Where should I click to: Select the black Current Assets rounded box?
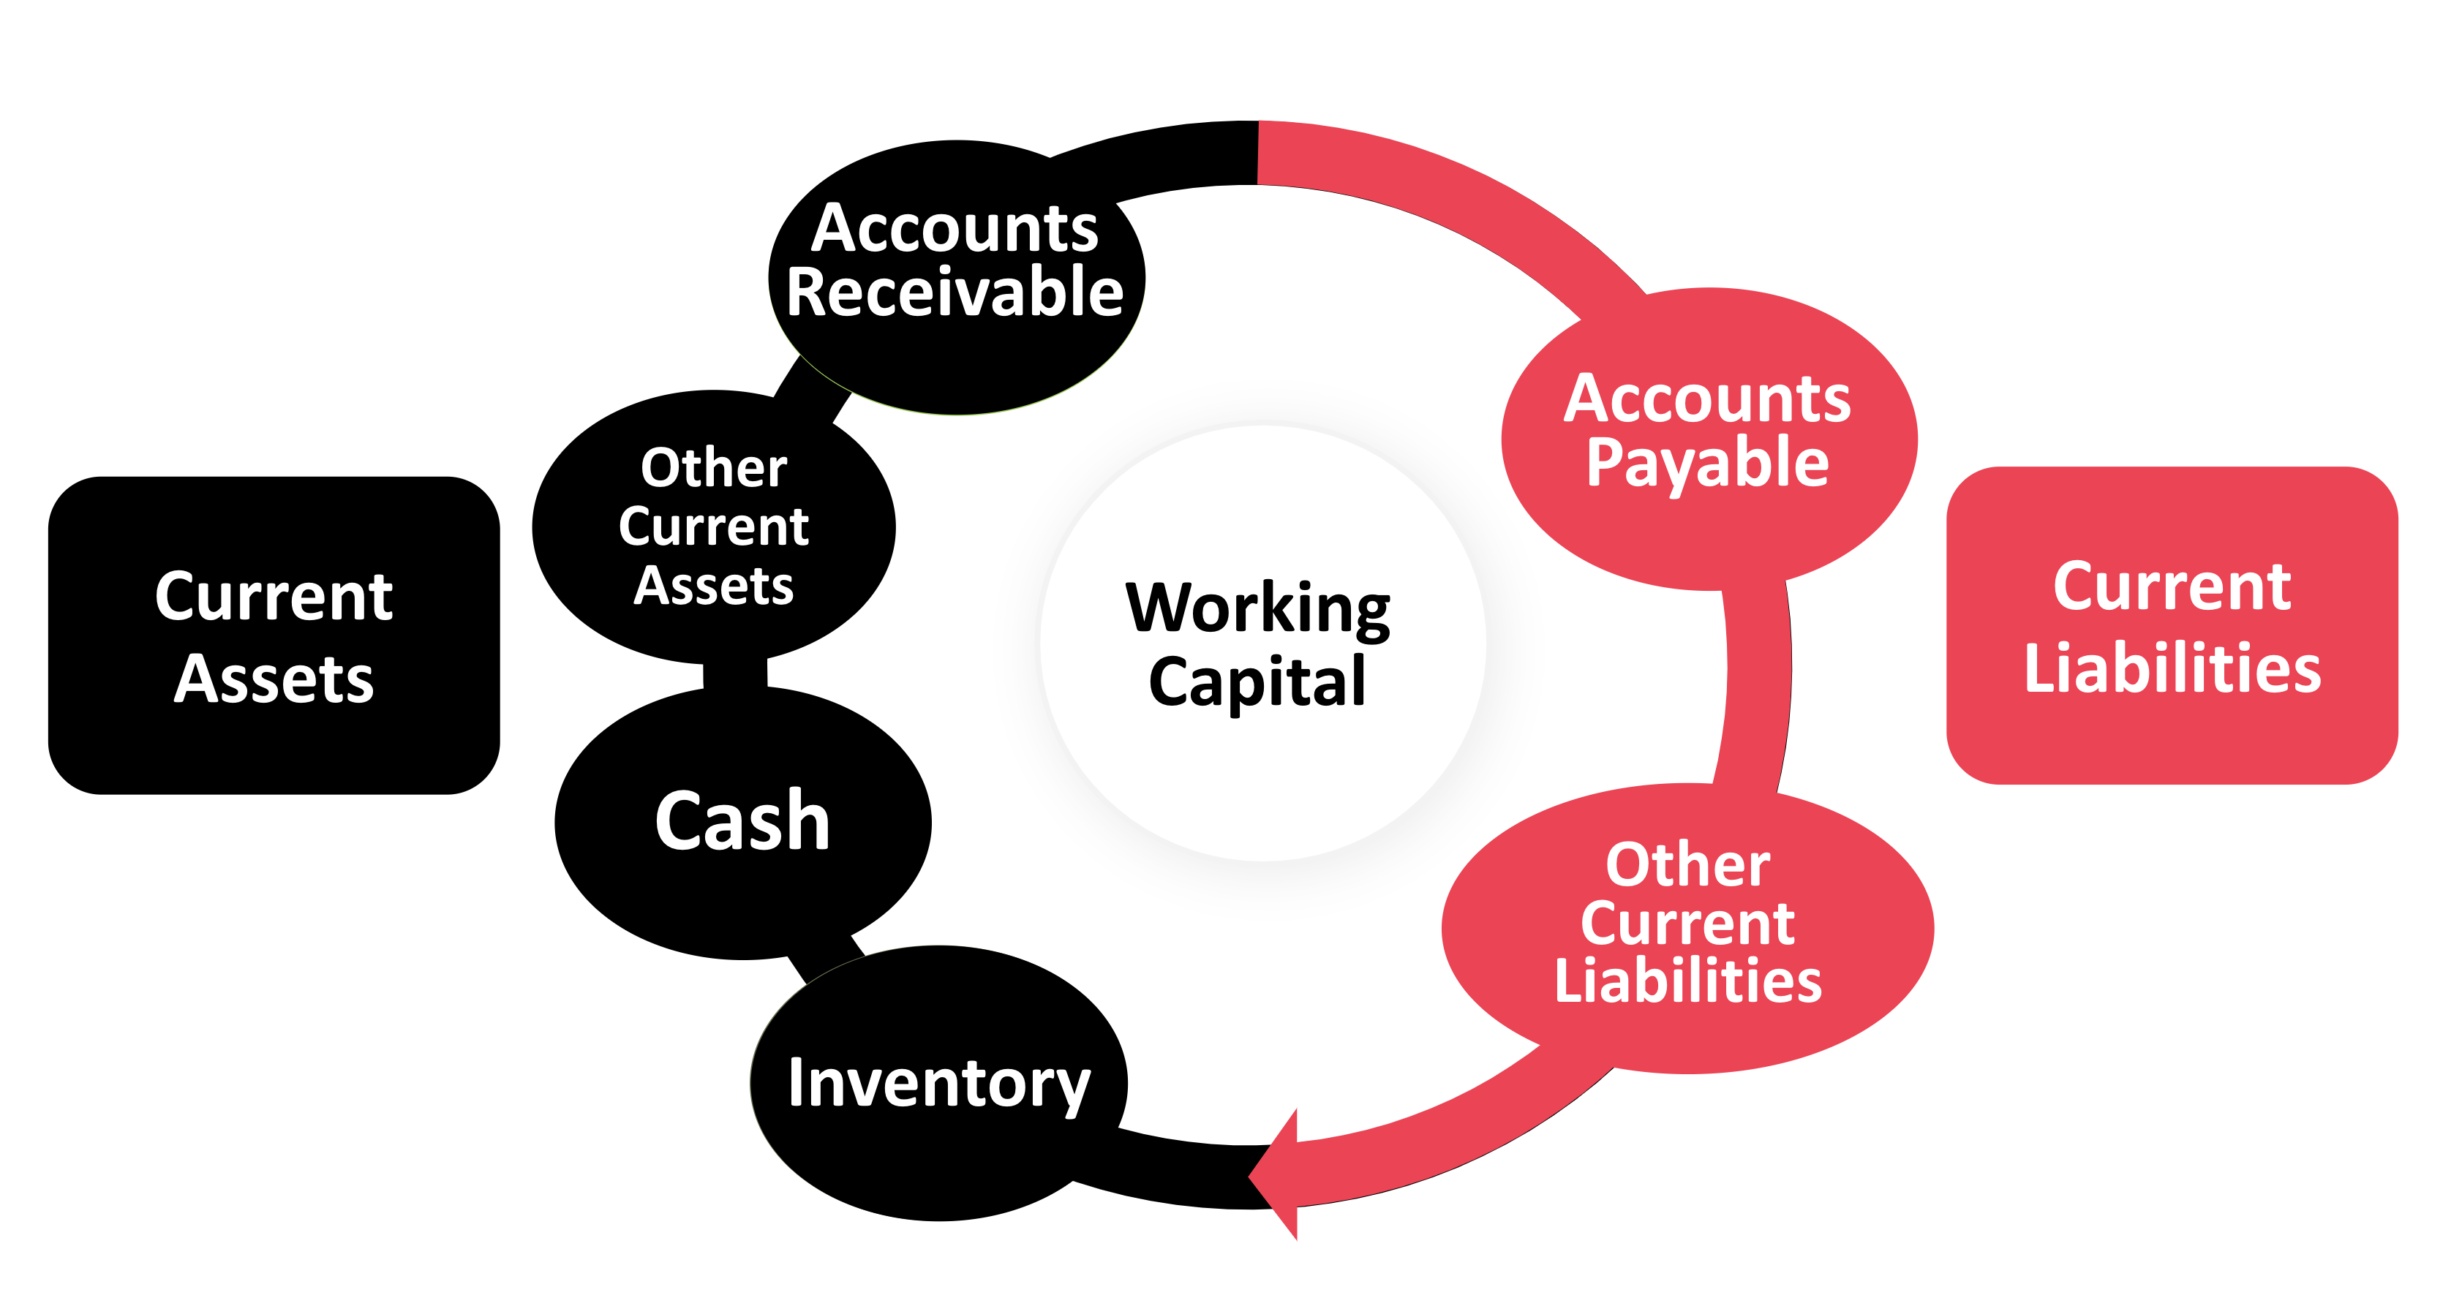(x=274, y=635)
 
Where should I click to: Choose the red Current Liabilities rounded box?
(x=2172, y=626)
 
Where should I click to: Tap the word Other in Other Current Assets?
(x=714, y=468)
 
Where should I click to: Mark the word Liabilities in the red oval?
(x=1688, y=981)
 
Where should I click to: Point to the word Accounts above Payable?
(x=1707, y=399)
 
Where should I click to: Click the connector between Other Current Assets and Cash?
(x=735, y=673)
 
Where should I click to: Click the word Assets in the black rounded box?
(x=274, y=679)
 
